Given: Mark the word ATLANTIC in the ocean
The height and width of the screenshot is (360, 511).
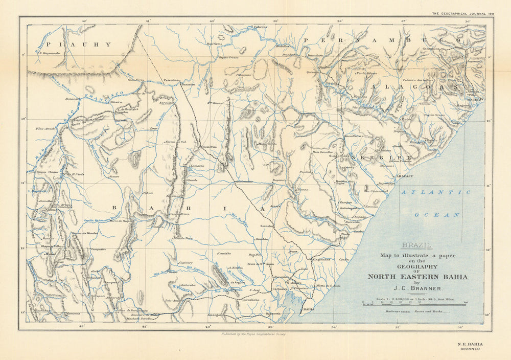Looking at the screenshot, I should [435, 192].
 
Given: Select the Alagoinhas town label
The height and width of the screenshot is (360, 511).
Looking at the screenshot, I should [321, 259].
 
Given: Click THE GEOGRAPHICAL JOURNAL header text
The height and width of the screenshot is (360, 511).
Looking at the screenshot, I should [462, 13].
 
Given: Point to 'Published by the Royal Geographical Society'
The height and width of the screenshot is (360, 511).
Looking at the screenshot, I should [253, 333].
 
